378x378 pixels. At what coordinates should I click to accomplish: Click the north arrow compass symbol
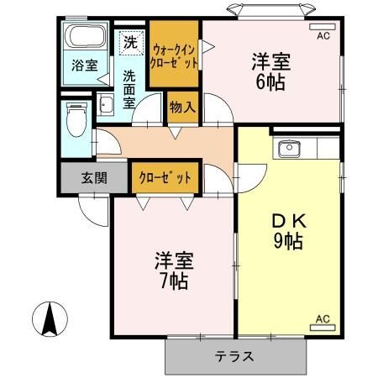pos(49,318)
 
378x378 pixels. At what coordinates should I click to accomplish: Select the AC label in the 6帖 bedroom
pos(323,37)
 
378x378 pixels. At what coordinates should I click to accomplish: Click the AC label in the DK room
pos(323,319)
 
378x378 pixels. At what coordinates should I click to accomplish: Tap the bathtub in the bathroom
pos(84,37)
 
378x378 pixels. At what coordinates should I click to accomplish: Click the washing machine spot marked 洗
pos(130,39)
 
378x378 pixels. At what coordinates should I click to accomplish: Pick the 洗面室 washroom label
pos(130,89)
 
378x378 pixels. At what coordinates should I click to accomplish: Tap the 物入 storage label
pos(182,107)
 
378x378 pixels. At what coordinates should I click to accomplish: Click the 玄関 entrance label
pos(94,177)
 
